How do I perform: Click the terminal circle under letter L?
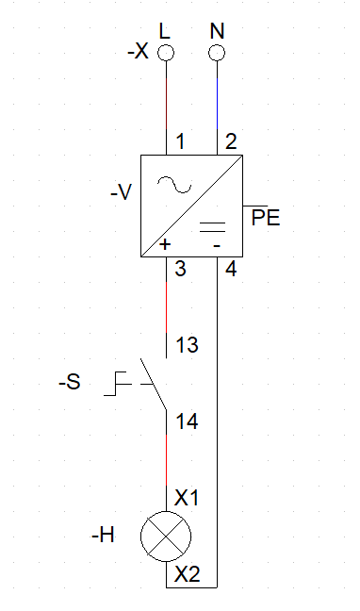166,53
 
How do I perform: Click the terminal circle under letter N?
217,53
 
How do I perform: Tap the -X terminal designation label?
138,51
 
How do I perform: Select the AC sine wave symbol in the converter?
174,184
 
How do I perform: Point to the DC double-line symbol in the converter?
212,227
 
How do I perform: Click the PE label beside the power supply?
266,218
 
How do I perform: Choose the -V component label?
122,192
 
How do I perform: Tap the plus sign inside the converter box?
166,244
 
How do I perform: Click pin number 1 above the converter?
180,141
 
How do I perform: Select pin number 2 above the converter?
231,141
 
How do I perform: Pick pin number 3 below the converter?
180,269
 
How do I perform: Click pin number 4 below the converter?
231,269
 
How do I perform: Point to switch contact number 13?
187,345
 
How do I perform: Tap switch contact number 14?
187,421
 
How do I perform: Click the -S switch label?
70,383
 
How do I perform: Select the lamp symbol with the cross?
166,537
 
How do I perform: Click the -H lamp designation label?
104,536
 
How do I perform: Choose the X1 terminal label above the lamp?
187,498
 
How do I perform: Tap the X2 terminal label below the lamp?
187,574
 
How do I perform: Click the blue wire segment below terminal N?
217,104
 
